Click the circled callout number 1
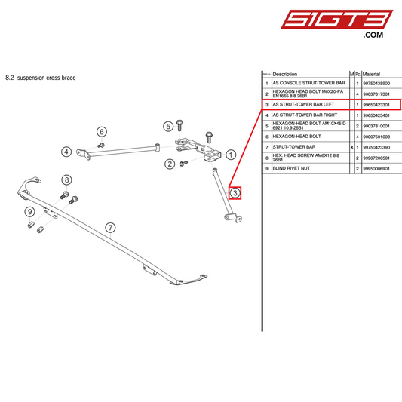coord(232,154)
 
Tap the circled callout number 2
coord(170,164)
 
